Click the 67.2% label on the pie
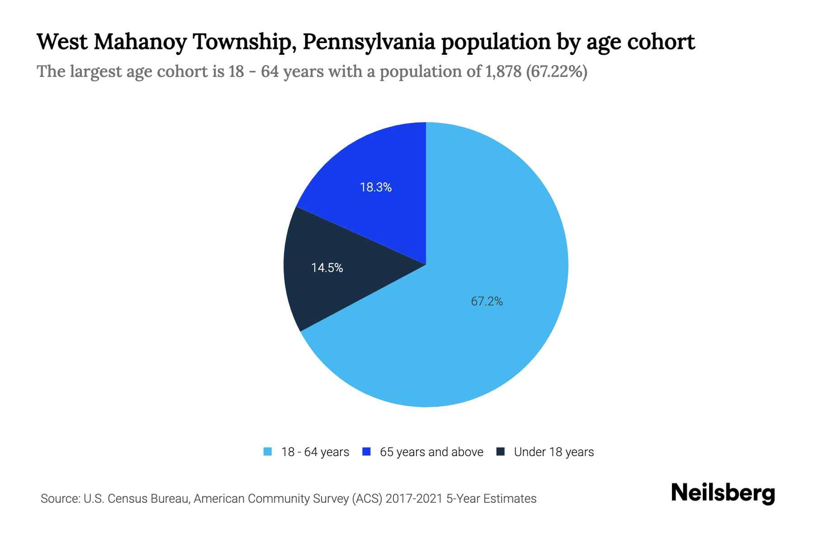(487, 301)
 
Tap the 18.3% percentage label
(375, 187)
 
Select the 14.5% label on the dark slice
(327, 268)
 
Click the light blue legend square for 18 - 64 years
(268, 452)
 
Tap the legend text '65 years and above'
(431, 452)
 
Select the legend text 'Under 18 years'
(554, 452)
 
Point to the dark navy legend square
(501, 452)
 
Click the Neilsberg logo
(723, 493)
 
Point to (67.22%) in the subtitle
(557, 71)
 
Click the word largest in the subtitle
(96, 71)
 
